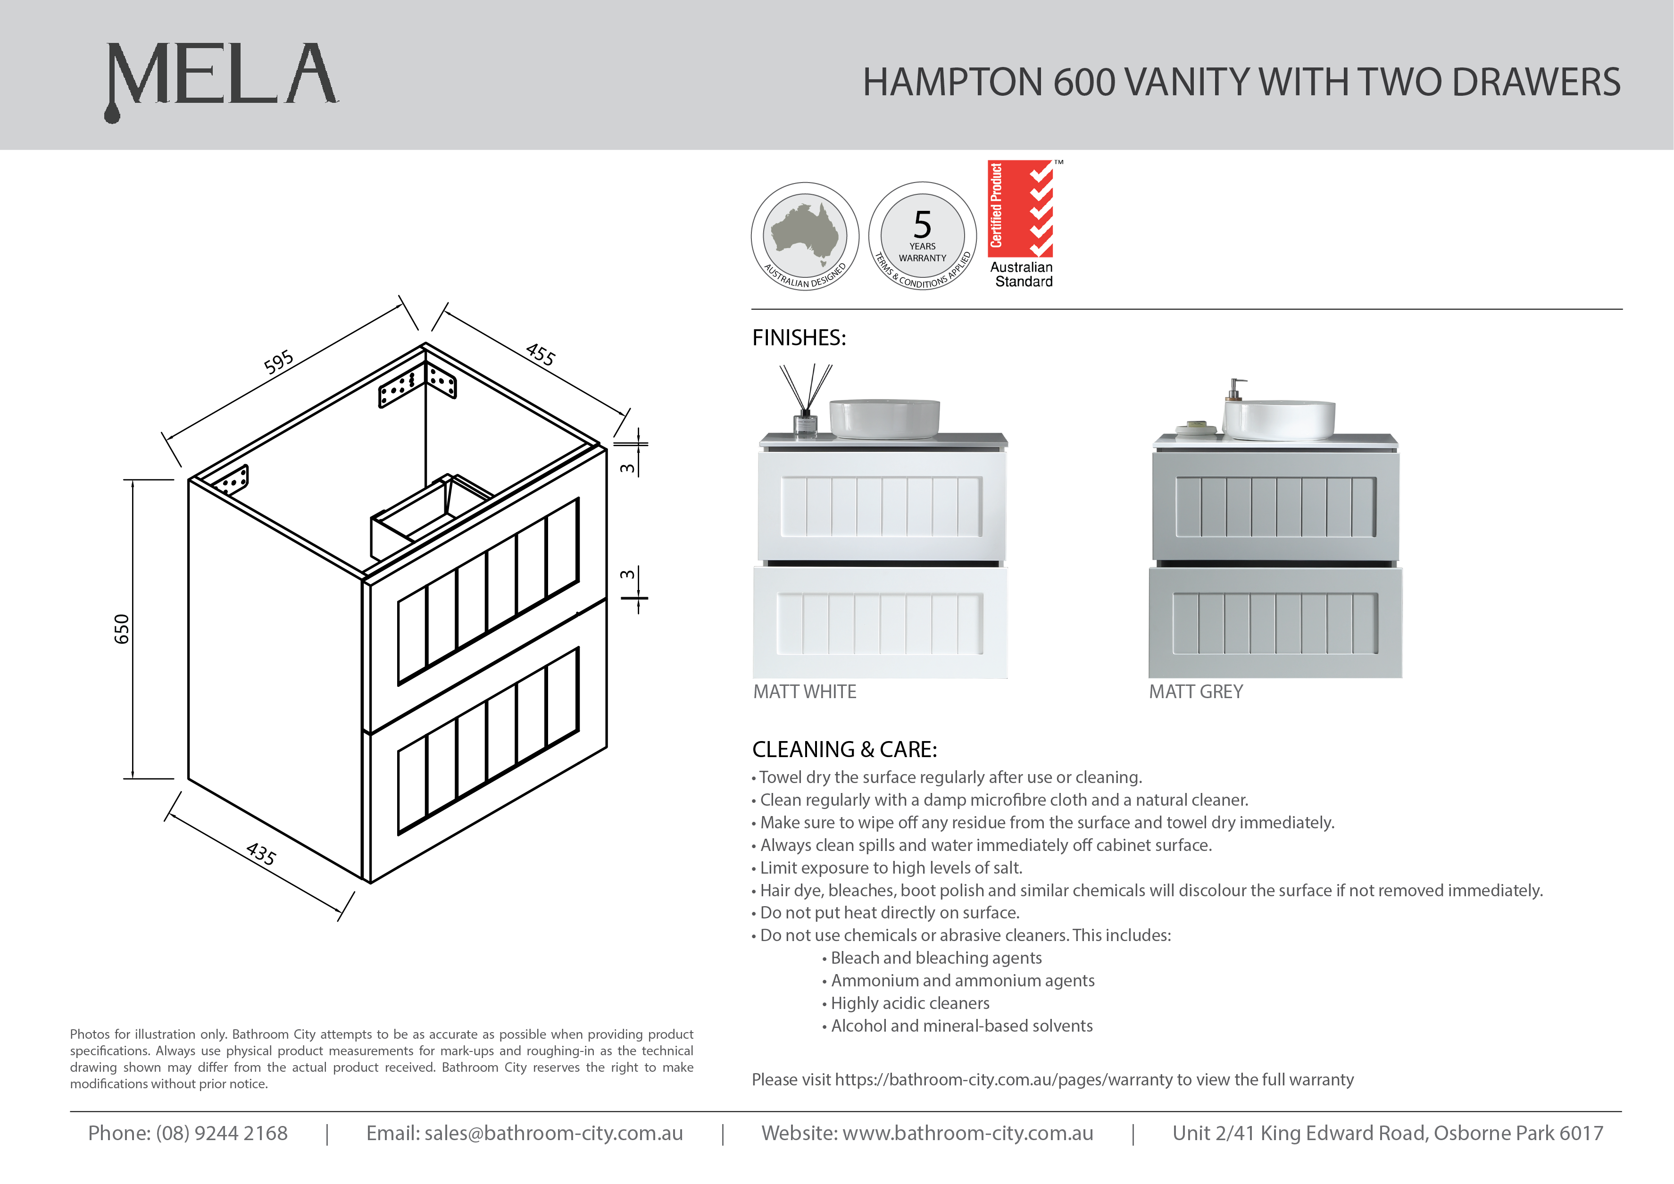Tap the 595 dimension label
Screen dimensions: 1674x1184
pos(278,362)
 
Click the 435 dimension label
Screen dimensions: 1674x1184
pos(261,854)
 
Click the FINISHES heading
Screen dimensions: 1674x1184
pos(799,338)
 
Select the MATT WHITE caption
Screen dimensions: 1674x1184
pos(805,692)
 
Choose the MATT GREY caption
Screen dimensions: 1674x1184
pos(1196,692)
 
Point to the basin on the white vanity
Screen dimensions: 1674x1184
pos(884,419)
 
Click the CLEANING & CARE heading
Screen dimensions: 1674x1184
pos(844,750)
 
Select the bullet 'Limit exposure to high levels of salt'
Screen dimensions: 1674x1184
pos(887,867)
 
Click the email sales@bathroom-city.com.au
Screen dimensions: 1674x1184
pos(553,1133)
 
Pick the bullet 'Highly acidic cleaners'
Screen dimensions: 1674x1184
pos(906,1003)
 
